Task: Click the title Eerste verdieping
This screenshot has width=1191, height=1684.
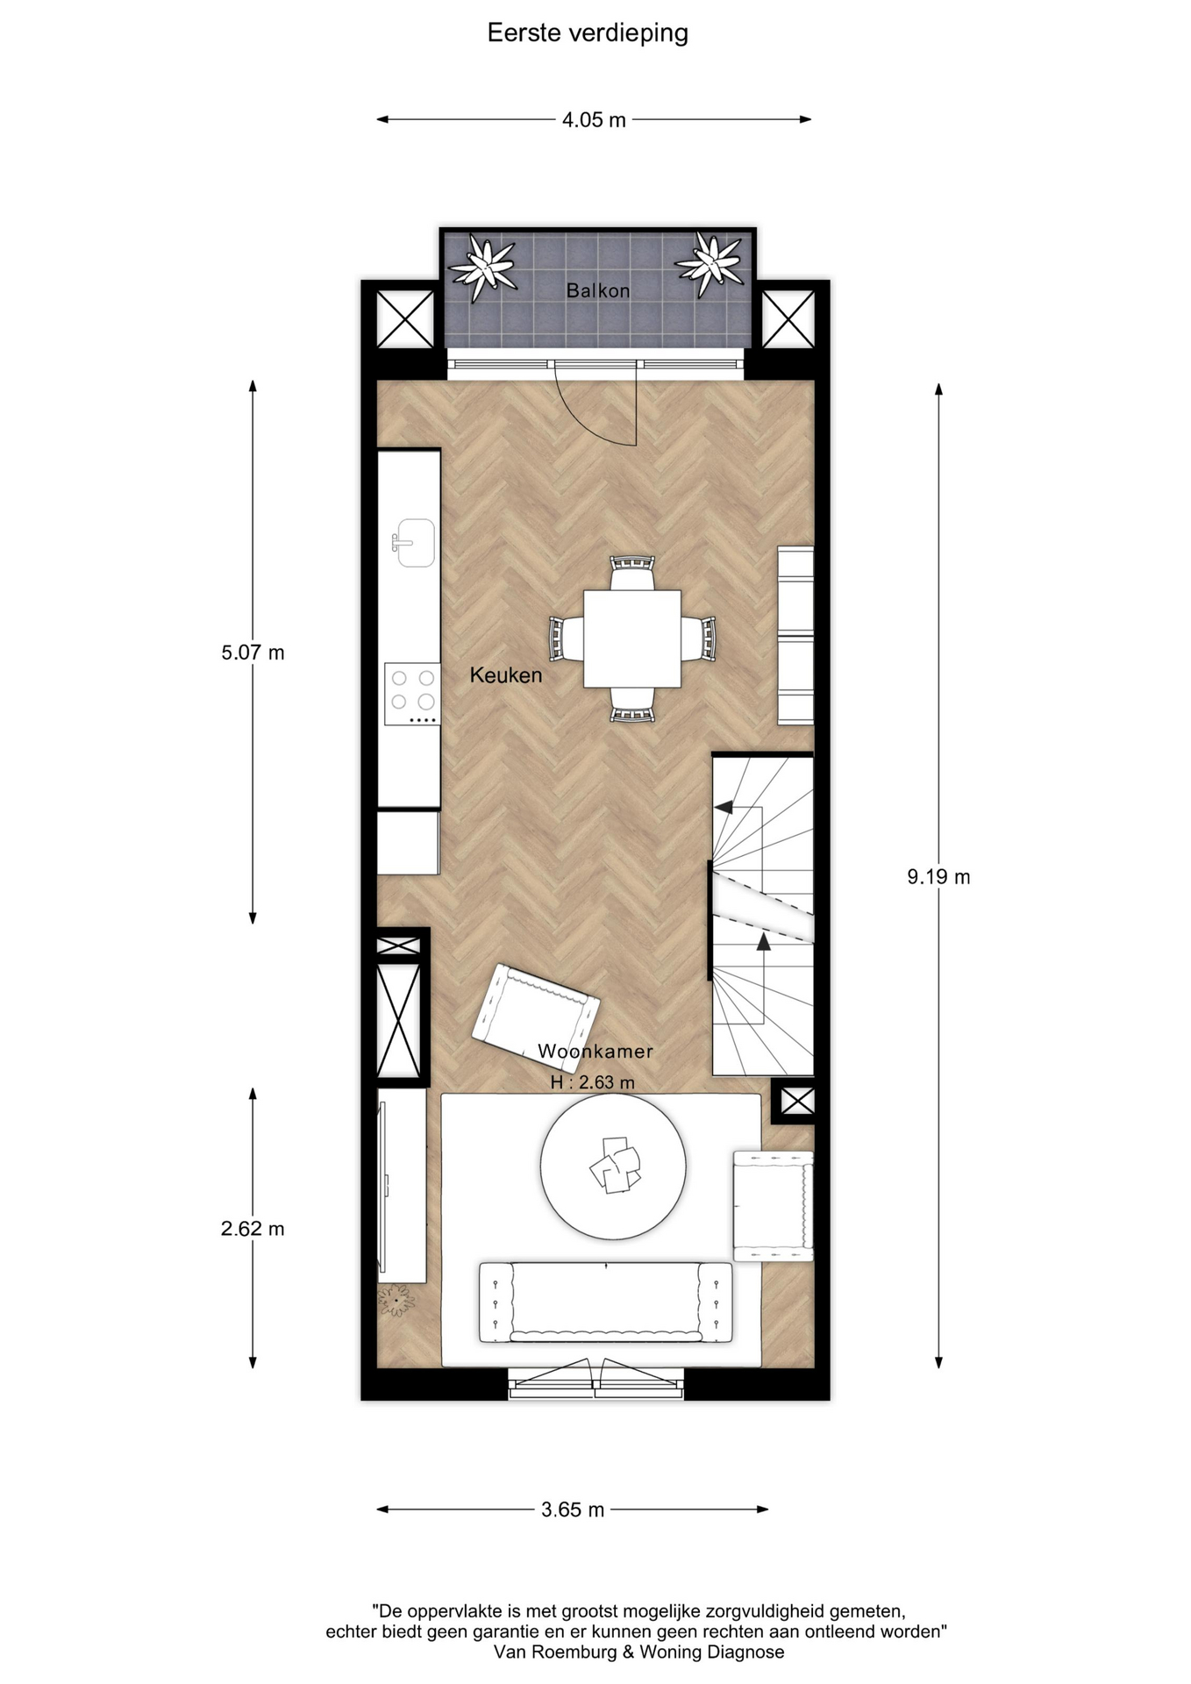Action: (588, 33)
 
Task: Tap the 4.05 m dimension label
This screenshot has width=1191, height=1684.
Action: (594, 120)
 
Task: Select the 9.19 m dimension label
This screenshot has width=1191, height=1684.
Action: (938, 876)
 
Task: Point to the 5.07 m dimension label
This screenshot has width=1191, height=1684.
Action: (253, 653)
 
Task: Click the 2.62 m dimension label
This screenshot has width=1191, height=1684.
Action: (253, 1229)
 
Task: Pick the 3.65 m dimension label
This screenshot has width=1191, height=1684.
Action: (573, 1509)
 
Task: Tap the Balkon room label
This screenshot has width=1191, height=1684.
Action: (598, 290)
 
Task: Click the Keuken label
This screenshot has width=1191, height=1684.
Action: (506, 675)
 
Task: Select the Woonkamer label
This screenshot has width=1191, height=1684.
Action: (595, 1051)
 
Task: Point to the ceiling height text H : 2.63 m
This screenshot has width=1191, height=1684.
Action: (593, 1082)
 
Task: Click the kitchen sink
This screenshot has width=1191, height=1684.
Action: (413, 542)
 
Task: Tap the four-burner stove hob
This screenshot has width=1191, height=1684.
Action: (412, 694)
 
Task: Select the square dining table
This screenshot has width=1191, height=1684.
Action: (632, 639)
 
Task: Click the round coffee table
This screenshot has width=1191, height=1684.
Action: (613, 1167)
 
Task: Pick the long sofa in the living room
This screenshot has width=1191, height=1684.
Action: (606, 1302)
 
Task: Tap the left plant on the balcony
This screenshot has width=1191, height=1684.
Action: (481, 267)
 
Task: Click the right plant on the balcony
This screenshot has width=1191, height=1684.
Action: (710, 263)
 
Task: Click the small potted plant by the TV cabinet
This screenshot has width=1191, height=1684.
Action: (396, 1300)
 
